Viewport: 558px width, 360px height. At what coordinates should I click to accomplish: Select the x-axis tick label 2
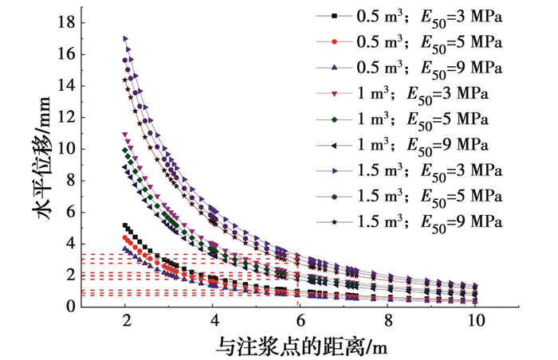pos(125,323)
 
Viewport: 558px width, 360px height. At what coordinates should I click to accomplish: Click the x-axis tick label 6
pos(301,323)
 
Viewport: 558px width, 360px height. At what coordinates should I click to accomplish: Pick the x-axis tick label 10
pos(476,323)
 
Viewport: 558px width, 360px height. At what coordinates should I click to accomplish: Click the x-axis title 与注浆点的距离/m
pos(301,346)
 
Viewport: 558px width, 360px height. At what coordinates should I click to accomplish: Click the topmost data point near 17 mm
pos(125,38)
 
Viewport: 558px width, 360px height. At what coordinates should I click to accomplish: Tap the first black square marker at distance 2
pos(125,225)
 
